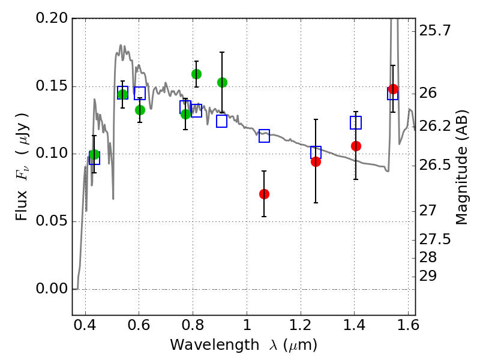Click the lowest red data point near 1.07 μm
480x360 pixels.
[264, 194]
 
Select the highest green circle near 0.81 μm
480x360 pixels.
[196, 74]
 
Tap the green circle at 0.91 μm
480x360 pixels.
[222, 82]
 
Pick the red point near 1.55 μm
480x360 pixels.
[393, 89]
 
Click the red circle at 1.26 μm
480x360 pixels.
[316, 161]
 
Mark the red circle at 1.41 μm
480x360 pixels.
[356, 146]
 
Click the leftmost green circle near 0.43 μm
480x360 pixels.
[94, 155]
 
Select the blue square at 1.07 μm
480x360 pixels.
[264, 136]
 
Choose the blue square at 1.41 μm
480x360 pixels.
[356, 122]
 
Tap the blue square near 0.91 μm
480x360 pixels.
[221, 121]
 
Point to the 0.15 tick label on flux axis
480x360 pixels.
[52, 86]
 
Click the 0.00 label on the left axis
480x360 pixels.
[52, 289]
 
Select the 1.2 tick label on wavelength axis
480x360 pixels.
[301, 325]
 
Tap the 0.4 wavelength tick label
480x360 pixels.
[85, 325]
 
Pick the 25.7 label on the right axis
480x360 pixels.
[434, 31]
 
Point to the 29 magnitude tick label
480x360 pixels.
[428, 276]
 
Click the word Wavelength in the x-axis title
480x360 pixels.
[215, 344]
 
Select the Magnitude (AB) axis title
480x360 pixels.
[462, 167]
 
